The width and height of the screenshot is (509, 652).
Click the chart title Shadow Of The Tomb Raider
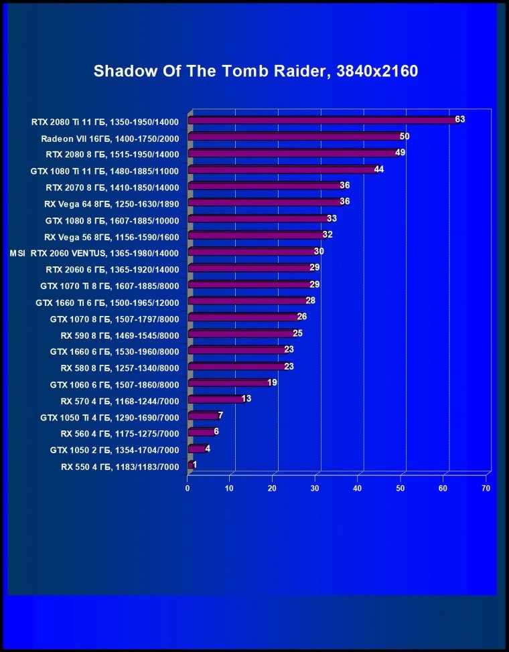(255, 72)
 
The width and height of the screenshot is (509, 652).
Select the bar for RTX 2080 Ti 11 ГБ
(321, 120)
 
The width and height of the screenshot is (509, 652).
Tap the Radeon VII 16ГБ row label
(110, 139)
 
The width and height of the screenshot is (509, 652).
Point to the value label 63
(459, 120)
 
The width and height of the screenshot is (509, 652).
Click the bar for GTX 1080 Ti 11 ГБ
(282, 170)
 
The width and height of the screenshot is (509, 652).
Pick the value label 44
(379, 169)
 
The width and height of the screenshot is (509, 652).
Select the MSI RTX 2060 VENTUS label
(94, 253)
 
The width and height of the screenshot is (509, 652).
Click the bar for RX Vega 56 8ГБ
(255, 236)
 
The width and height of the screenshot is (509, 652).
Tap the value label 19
(272, 383)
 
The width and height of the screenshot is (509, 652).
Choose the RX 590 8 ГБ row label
(119, 334)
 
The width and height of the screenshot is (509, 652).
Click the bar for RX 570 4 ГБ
(216, 400)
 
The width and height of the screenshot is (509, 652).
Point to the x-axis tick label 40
(358, 489)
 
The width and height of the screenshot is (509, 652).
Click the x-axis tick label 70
(486, 489)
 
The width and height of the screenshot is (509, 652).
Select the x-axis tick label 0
(188, 489)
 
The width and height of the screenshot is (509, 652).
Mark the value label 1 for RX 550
(194, 465)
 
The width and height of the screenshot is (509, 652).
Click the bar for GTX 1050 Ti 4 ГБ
(203, 416)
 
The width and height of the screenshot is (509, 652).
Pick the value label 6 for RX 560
(216, 432)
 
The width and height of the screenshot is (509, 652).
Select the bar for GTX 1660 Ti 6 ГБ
(248, 301)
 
